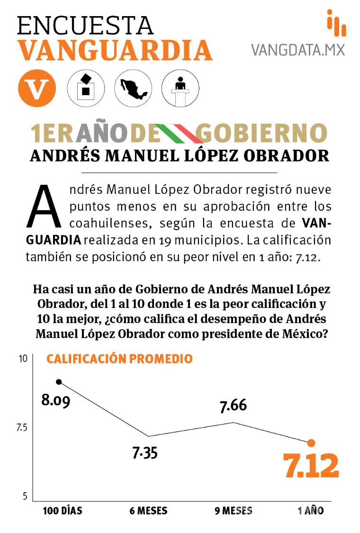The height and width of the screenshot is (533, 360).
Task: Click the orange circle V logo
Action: [x=37, y=88]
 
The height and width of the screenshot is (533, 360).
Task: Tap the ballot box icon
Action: [x=86, y=88]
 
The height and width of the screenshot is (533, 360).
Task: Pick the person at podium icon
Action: [x=180, y=88]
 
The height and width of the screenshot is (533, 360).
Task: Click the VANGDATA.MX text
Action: [x=298, y=49]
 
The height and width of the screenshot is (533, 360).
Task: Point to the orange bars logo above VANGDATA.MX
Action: [x=336, y=23]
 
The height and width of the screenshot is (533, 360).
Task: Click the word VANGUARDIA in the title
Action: [x=115, y=50]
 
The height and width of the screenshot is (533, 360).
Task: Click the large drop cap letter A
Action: [x=45, y=206]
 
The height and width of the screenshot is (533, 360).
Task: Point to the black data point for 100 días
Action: [x=59, y=382]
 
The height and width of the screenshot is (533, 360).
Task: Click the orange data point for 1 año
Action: [x=311, y=443]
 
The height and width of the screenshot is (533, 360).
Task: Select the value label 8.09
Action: [x=56, y=401]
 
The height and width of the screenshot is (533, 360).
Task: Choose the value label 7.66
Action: [x=233, y=406]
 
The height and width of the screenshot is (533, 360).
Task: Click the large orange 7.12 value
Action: [x=311, y=466]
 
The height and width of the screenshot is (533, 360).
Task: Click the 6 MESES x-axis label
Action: [x=148, y=511]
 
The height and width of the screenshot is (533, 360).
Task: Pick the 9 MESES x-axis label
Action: [x=234, y=511]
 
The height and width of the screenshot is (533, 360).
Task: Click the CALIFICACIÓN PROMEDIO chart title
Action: [x=119, y=359]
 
